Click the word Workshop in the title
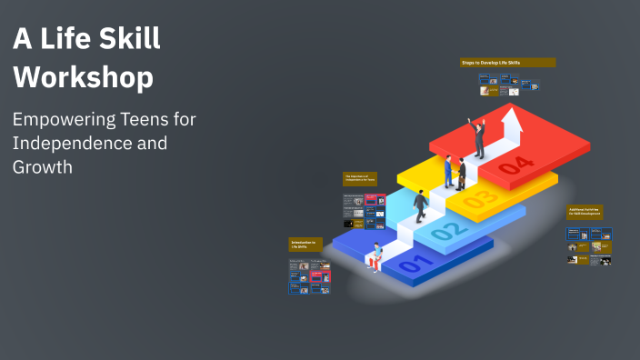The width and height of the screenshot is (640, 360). [x=83, y=78]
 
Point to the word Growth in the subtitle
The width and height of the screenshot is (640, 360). [x=42, y=167]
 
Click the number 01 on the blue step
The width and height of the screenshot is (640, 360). [x=412, y=265]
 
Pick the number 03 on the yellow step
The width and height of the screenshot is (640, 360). [x=480, y=197]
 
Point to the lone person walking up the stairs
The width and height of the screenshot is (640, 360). [x=421, y=205]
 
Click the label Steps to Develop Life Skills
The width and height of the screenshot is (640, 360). [x=507, y=63]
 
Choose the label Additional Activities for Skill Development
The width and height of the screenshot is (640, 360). [x=585, y=212]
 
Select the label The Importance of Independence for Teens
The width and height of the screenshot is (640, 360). [x=359, y=179]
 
